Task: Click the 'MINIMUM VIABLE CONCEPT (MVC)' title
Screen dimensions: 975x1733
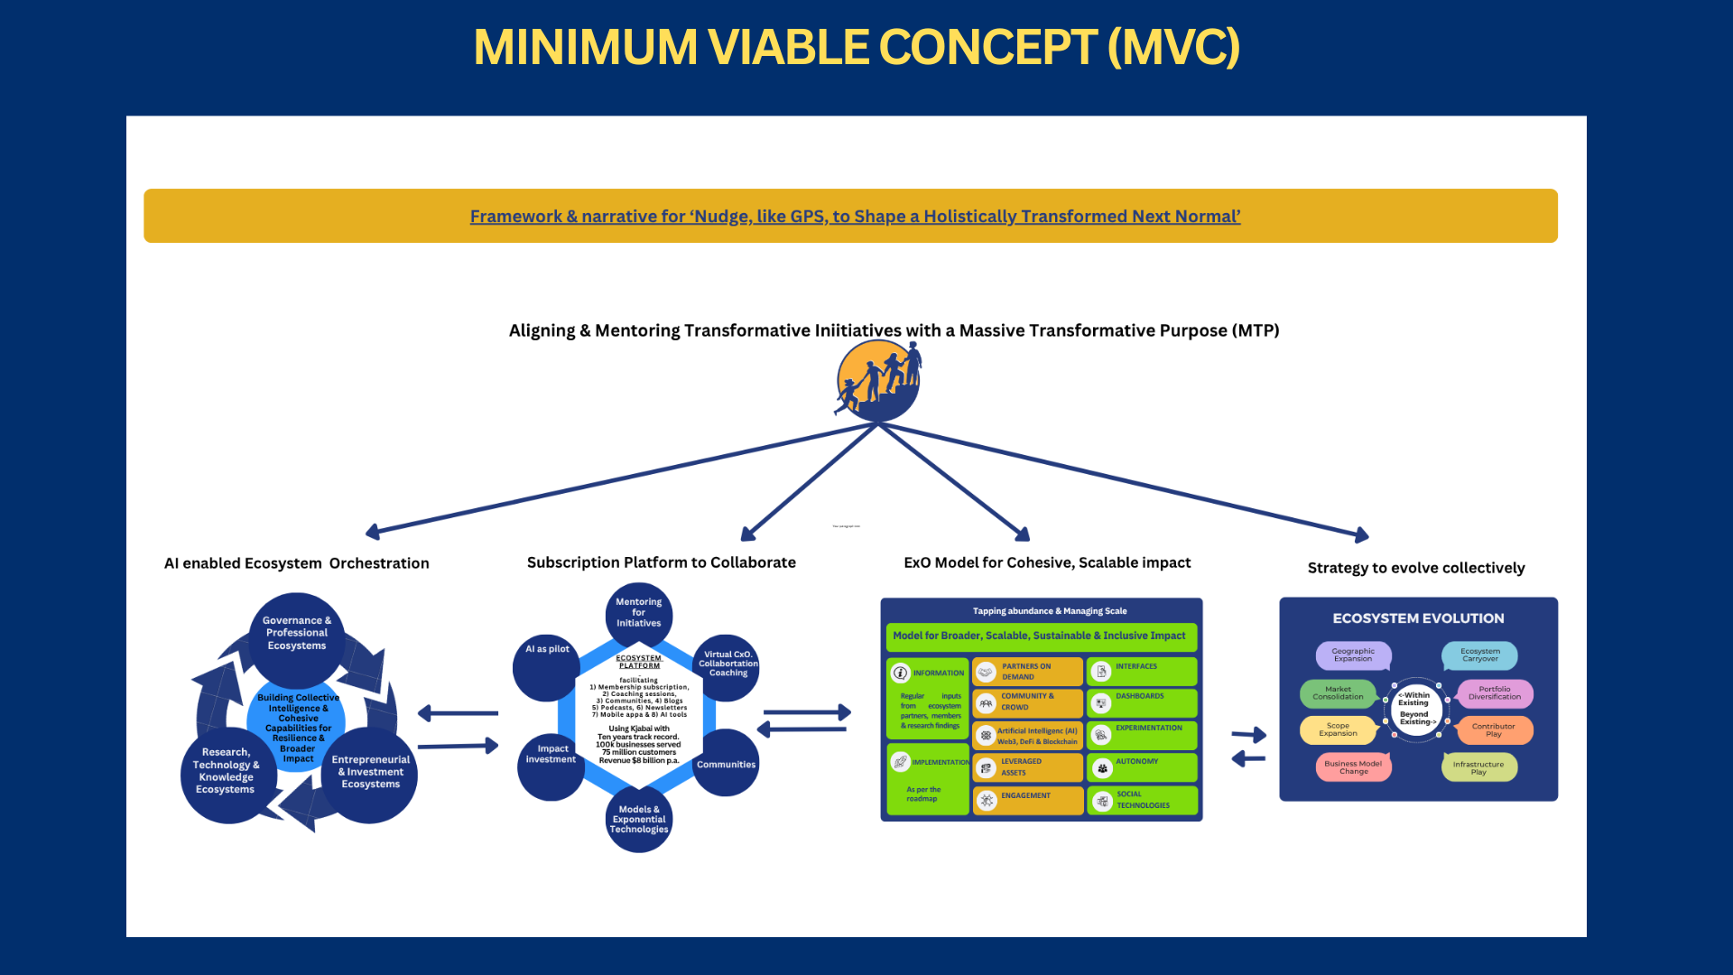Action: point(857,47)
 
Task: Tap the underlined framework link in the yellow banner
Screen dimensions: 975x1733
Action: point(855,217)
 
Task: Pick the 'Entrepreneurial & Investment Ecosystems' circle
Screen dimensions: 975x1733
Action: point(371,773)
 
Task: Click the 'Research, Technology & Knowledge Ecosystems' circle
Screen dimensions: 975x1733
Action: point(226,771)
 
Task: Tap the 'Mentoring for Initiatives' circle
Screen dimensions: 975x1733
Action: point(639,613)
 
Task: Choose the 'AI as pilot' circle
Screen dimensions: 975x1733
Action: point(547,664)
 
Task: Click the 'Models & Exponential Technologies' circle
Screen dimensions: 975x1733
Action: point(639,820)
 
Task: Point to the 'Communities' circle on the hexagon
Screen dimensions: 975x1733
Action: point(726,765)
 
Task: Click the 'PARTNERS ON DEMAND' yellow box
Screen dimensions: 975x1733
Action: point(1027,672)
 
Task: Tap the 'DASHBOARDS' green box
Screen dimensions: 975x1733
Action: point(1142,702)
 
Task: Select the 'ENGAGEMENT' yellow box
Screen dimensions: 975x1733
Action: point(1027,799)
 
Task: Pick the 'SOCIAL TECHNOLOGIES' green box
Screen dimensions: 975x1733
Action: point(1142,800)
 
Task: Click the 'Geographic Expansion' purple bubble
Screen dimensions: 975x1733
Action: point(1353,655)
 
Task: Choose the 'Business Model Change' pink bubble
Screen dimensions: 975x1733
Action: point(1353,767)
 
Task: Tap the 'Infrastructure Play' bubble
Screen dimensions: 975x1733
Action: point(1478,767)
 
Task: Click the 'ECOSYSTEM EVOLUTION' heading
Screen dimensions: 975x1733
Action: point(1418,618)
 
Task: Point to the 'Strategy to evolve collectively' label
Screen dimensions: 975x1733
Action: point(1416,568)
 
